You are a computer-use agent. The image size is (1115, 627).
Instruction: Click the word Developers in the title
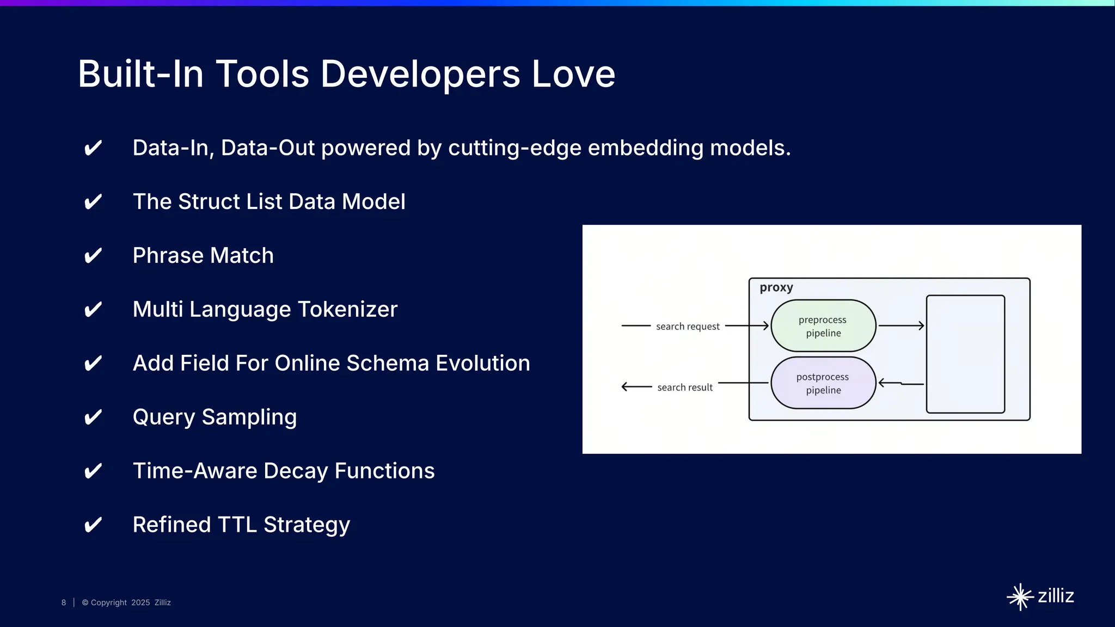coord(420,74)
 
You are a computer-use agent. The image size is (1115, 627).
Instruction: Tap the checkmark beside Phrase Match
coord(93,256)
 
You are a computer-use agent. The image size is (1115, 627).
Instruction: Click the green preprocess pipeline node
coord(823,326)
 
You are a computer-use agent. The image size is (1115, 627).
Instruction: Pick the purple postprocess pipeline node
coord(823,383)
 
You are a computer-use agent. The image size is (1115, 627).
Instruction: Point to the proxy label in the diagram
coord(776,287)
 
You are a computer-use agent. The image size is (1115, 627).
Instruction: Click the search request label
coord(688,327)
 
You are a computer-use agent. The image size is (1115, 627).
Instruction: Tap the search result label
coord(685,388)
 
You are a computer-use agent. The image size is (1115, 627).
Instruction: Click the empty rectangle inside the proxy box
coord(965,354)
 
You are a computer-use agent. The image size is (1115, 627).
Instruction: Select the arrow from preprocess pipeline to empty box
coord(901,325)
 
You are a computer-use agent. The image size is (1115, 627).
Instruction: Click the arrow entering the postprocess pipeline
coord(901,384)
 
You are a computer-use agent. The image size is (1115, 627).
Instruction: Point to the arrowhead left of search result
coord(625,387)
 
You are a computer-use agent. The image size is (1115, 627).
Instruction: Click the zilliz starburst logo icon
coord(1020,597)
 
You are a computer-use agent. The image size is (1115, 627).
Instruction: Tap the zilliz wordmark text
coord(1056,596)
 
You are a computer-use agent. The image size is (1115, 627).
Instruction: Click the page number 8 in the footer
coord(64,603)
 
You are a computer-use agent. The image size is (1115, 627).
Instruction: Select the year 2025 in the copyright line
coord(140,603)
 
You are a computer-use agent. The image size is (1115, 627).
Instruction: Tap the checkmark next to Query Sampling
coord(93,417)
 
